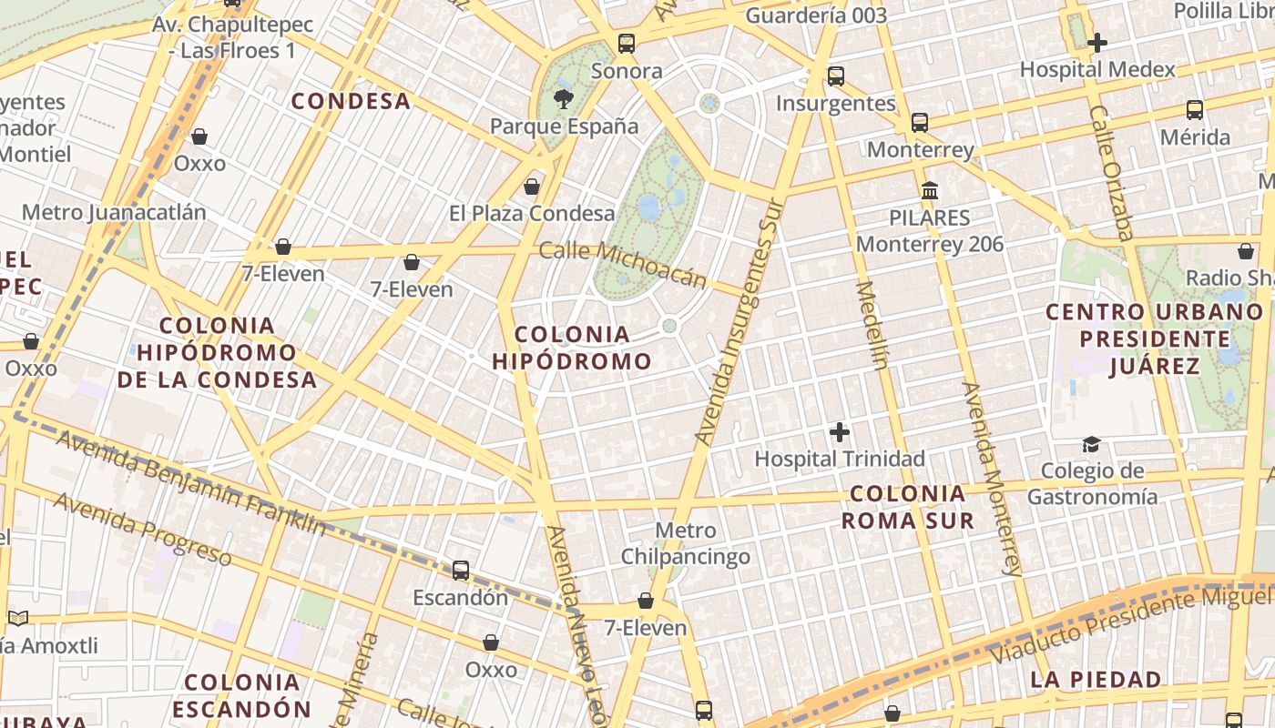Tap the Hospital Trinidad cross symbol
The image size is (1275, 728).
pyautogui.click(x=840, y=432)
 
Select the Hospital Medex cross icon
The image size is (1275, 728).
pyautogui.click(x=1097, y=43)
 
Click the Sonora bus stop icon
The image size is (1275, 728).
pyautogui.click(x=627, y=43)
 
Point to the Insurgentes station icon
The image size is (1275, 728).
pyautogui.click(x=836, y=76)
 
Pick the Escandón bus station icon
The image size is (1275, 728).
pyautogui.click(x=461, y=571)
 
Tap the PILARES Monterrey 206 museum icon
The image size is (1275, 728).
pyautogui.click(x=930, y=191)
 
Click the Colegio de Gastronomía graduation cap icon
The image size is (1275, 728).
pyautogui.click(x=1091, y=444)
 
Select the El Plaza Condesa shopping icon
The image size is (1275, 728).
pyautogui.click(x=532, y=187)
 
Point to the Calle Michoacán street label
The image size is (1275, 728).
pyautogui.click(x=623, y=264)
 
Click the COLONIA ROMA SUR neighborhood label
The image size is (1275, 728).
pyautogui.click(x=907, y=507)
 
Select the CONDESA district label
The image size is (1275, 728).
pyautogui.click(x=351, y=101)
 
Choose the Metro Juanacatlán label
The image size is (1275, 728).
pyautogui.click(x=114, y=212)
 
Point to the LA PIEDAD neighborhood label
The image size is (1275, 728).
pyautogui.click(x=1096, y=679)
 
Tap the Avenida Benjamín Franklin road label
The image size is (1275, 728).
pyautogui.click(x=190, y=482)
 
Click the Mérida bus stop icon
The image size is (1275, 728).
pyautogui.click(x=1195, y=110)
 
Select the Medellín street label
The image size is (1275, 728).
pyautogui.click(x=872, y=325)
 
